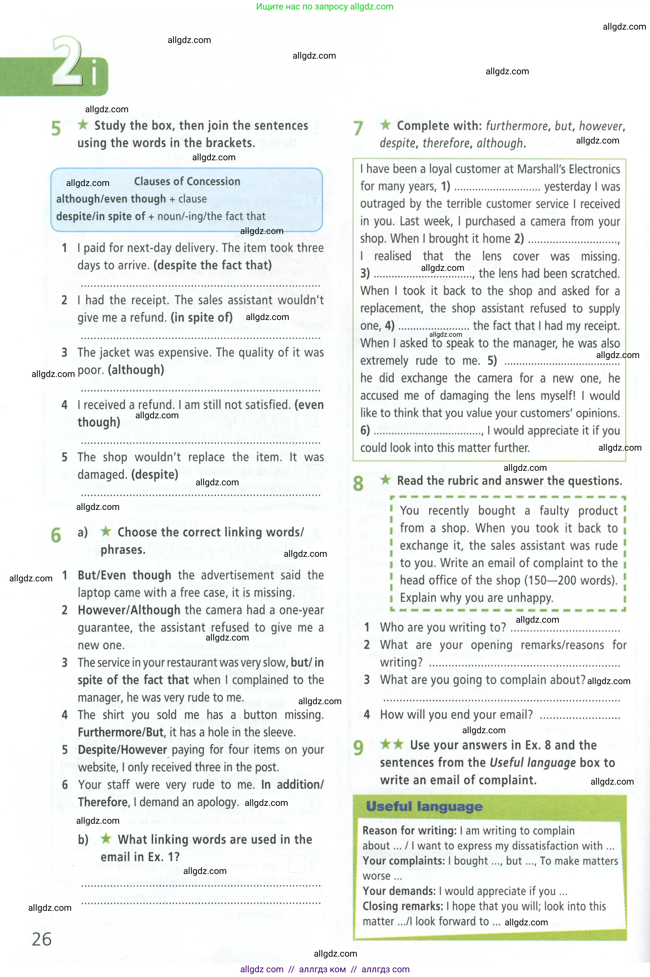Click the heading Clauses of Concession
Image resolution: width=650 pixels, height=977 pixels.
click(x=187, y=181)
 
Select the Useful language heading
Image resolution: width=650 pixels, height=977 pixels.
click(x=424, y=806)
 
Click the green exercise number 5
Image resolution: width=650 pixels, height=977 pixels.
click(x=56, y=128)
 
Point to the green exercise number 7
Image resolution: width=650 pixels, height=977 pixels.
click(x=358, y=128)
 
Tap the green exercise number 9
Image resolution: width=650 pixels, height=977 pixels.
click(x=358, y=747)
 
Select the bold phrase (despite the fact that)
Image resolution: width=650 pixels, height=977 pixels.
click(x=212, y=265)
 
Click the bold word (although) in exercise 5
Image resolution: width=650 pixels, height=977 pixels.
click(x=136, y=370)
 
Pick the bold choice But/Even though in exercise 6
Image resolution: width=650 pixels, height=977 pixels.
click(x=124, y=575)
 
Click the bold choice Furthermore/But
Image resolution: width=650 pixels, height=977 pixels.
click(x=121, y=732)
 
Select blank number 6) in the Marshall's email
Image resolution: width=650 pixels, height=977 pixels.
click(x=427, y=431)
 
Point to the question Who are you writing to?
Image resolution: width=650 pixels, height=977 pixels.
click(x=443, y=627)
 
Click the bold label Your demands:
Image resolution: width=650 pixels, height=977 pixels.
click(x=399, y=891)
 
